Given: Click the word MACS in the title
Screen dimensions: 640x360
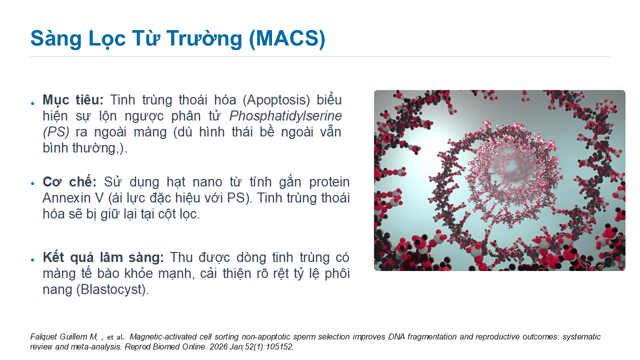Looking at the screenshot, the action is coord(287,38).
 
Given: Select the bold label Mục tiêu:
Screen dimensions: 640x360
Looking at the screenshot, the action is coord(73,100).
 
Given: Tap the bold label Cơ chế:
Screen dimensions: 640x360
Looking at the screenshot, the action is coord(69,181).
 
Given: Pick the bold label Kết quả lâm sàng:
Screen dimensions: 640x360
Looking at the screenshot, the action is coord(103,257).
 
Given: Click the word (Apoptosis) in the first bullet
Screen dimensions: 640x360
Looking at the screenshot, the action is coord(276,100).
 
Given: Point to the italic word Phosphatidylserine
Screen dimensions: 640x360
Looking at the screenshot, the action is coord(285,116).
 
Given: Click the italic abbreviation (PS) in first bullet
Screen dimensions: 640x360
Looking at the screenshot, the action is coord(56,132).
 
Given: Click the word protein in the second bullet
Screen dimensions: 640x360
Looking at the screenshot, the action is coord(329,182).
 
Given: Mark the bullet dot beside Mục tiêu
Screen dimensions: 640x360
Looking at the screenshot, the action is coord(32,103).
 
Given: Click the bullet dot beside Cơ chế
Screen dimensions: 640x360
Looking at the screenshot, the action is coord(32,183).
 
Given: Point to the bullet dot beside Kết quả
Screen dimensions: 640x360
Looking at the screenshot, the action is coord(32,259).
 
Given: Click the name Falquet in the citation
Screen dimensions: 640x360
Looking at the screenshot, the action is coord(43,336).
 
